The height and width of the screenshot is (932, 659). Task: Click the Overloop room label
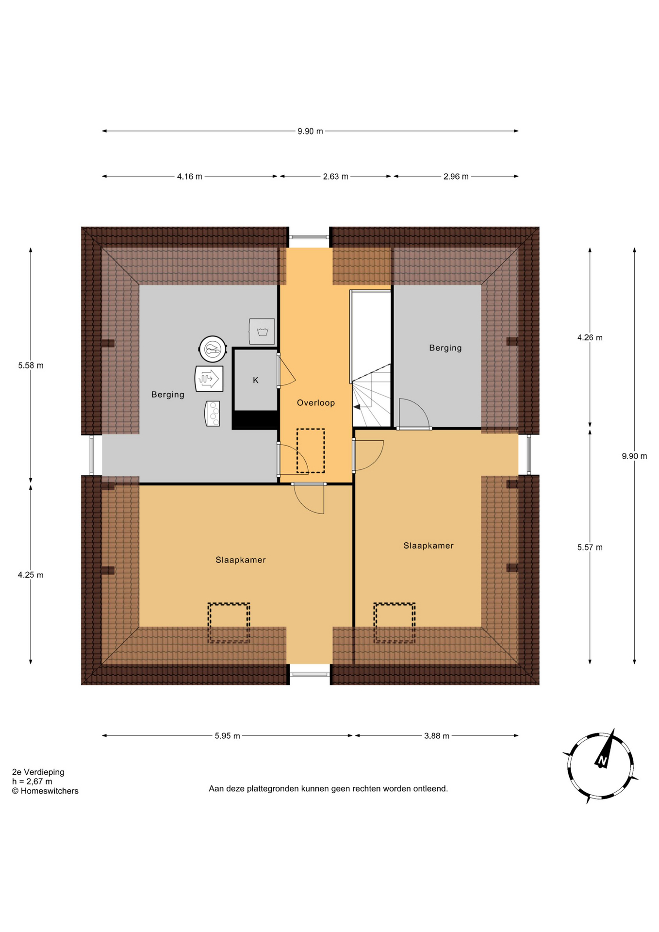(315, 402)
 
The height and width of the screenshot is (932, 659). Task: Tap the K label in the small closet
(256, 380)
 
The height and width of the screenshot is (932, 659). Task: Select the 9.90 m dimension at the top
(310, 131)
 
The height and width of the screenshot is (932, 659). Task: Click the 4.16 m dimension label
(189, 177)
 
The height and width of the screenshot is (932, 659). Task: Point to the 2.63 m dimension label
(335, 177)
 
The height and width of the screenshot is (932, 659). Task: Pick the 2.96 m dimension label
(456, 177)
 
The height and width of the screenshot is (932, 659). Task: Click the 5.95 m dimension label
(227, 736)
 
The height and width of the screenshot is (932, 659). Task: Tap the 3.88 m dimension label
(436, 736)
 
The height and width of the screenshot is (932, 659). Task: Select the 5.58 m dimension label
(31, 366)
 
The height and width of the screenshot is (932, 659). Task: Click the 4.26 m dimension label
(590, 338)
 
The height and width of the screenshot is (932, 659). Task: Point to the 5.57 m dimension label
(590, 548)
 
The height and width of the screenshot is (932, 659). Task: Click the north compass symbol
(601, 766)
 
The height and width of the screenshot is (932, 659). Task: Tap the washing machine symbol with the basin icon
(262, 331)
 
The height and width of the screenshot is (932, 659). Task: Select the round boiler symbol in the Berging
(213, 349)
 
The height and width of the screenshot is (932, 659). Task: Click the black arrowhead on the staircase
(357, 407)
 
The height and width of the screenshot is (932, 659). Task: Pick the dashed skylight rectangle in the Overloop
(311, 450)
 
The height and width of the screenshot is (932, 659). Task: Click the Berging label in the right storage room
(445, 348)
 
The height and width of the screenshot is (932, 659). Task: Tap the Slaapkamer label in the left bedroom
(240, 560)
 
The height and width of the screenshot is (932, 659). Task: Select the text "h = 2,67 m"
(32, 782)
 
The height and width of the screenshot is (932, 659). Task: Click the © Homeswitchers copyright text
(45, 791)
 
